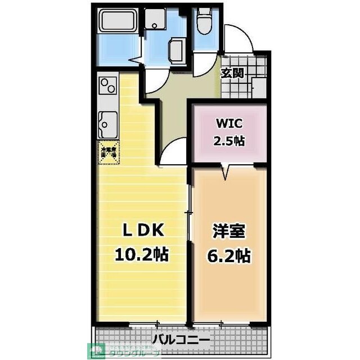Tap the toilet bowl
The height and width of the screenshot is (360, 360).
203,22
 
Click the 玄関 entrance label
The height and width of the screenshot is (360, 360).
232,73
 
